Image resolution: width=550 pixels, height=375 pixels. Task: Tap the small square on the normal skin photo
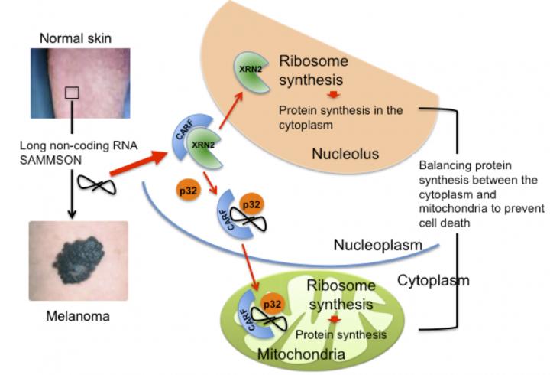click(x=71, y=93)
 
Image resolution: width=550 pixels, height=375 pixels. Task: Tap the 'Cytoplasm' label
click(x=433, y=280)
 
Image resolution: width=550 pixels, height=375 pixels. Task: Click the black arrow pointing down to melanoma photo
click(x=70, y=199)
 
